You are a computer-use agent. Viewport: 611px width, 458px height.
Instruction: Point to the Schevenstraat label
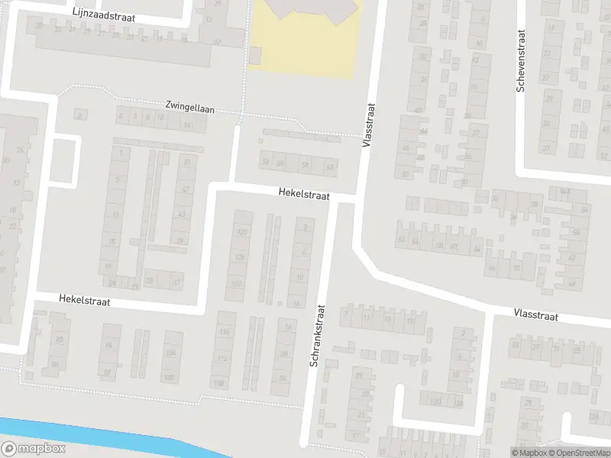[x=522, y=61]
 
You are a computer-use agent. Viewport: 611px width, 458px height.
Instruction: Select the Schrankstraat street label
[x=318, y=336]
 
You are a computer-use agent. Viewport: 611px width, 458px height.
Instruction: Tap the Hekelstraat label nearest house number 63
[x=303, y=195]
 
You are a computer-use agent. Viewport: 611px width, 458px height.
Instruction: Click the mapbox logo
[x=34, y=448]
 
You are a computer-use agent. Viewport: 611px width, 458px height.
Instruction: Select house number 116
[x=224, y=332]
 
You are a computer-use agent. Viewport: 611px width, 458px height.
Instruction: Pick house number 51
[x=187, y=163]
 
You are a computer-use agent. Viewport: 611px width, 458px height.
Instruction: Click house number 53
[x=265, y=163]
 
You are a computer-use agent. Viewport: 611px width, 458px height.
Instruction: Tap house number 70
[x=517, y=268]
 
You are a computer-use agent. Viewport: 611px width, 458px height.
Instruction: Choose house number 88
[x=59, y=339]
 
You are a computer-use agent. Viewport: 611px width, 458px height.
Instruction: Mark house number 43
[x=181, y=214]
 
